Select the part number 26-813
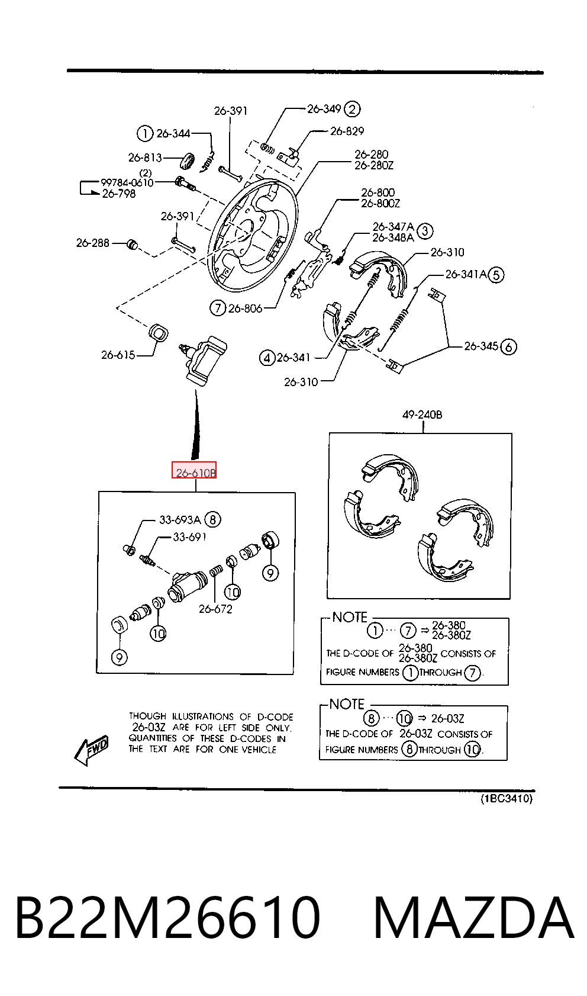click(x=145, y=158)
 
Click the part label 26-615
click(x=118, y=355)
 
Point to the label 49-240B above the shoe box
click(x=422, y=415)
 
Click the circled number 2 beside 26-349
click(x=353, y=109)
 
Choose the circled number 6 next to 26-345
click(x=509, y=346)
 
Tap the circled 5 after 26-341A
click(x=496, y=275)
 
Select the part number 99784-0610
click(x=127, y=183)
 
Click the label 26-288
click(x=92, y=243)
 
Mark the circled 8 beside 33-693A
click(x=213, y=519)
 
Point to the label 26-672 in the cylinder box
click(x=215, y=609)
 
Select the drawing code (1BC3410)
click(x=507, y=799)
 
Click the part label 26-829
click(x=347, y=131)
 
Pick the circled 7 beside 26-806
click(x=218, y=308)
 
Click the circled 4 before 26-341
click(x=267, y=358)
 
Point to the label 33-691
click(x=190, y=537)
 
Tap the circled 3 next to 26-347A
click(x=425, y=231)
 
